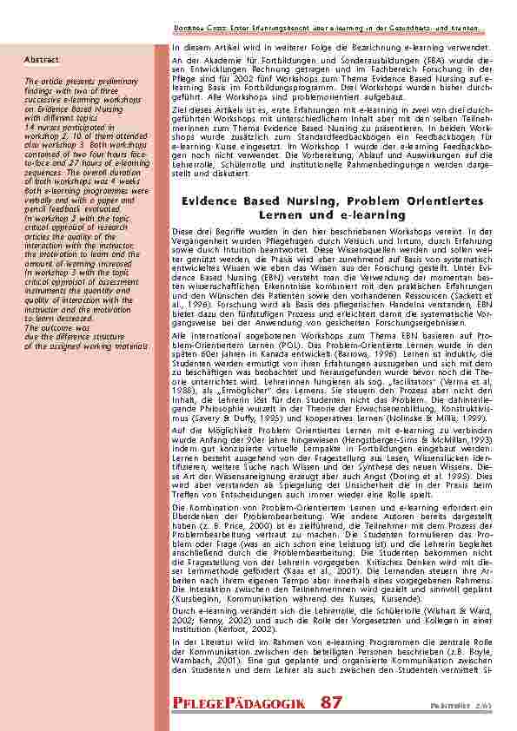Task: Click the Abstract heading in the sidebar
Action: click(x=42, y=60)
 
